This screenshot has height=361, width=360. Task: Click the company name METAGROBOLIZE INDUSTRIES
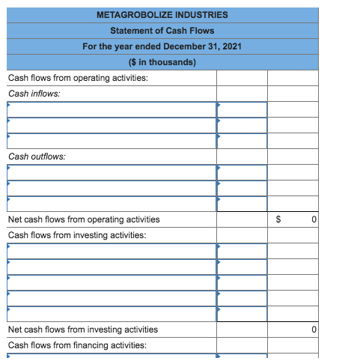click(x=162, y=15)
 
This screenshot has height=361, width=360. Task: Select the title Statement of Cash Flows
click(x=162, y=31)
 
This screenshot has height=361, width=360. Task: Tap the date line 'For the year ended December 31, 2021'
click(x=162, y=46)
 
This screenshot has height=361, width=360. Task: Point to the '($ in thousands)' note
click(x=162, y=62)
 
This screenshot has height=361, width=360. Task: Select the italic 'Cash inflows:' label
click(x=34, y=94)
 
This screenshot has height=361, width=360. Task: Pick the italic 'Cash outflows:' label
click(x=36, y=157)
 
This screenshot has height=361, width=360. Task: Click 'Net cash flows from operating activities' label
click(x=83, y=219)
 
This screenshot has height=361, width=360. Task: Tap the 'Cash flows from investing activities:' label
click(x=76, y=235)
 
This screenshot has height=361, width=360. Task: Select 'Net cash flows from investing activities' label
click(x=82, y=330)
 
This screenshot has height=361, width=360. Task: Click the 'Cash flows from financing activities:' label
click(x=76, y=345)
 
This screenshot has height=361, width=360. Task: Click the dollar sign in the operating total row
click(x=279, y=219)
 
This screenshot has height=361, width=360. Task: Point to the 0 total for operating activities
click(x=314, y=219)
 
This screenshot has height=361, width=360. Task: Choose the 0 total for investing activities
click(x=314, y=330)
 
